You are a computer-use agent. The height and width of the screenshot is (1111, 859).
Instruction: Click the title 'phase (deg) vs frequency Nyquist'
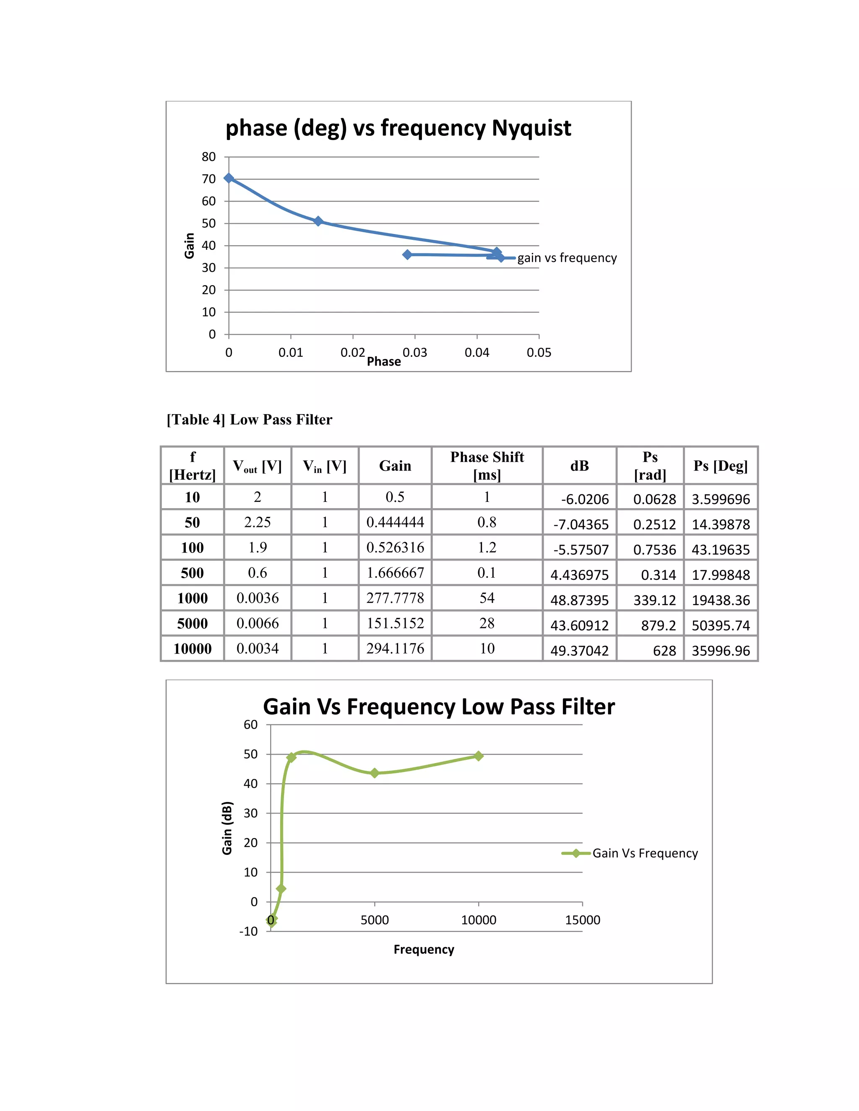click(398, 128)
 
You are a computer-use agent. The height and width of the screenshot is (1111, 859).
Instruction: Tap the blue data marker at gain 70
click(229, 178)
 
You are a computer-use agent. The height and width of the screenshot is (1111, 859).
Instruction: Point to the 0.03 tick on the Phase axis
click(415, 353)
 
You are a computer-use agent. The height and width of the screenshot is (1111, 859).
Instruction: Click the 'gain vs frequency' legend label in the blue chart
click(567, 258)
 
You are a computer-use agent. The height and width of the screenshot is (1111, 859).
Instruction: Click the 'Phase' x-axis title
click(384, 362)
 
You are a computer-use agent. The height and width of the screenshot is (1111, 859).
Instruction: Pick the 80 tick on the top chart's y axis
click(208, 157)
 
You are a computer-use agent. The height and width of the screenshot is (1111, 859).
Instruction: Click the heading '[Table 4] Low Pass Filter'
click(250, 420)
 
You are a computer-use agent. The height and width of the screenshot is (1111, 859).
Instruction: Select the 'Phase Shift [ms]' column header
click(487, 465)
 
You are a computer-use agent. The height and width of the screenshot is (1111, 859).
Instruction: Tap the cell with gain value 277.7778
click(395, 598)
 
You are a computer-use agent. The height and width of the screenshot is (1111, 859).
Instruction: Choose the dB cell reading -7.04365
click(580, 524)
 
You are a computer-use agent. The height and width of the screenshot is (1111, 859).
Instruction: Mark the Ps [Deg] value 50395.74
click(721, 626)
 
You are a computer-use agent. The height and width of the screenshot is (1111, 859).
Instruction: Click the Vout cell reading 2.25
click(258, 522)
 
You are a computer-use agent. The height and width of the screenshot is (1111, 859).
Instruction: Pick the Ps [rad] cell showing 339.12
click(654, 600)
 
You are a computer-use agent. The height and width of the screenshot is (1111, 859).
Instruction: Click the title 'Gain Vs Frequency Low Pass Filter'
click(439, 707)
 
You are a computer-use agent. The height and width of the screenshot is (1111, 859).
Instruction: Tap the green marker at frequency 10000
click(478, 756)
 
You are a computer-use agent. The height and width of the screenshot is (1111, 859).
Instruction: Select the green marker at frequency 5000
click(375, 773)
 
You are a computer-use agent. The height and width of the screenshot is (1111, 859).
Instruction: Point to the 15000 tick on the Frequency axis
click(582, 920)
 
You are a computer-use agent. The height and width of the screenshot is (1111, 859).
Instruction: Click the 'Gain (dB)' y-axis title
click(227, 828)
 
